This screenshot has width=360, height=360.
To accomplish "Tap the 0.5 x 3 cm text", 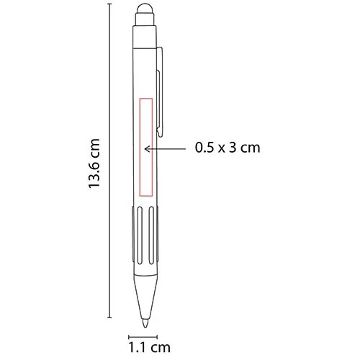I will point(227,149).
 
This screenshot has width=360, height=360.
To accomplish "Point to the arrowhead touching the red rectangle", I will point(148,149).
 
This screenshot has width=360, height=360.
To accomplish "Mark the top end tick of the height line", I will point(110,4).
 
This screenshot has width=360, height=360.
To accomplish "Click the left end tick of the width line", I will point(128,336).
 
